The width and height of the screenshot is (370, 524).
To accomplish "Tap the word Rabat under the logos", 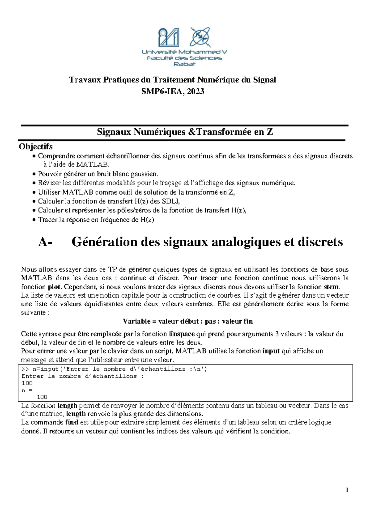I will click(x=184, y=64).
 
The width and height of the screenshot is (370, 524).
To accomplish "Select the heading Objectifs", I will click(x=36, y=146).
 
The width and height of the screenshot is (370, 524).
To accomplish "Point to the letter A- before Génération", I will click(x=45, y=242).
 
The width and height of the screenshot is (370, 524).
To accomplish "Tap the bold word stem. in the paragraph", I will click(x=331, y=286).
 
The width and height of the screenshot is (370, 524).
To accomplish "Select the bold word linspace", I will click(x=182, y=334).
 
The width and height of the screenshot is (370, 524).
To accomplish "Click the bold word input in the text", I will click(x=271, y=351).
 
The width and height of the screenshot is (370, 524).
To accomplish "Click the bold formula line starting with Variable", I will click(x=188, y=321).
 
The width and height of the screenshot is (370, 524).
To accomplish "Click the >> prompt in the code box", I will click(x=25, y=369).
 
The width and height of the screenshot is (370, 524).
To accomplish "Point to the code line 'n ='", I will click(x=27, y=390).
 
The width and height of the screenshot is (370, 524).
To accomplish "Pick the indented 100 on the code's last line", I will click(x=42, y=397).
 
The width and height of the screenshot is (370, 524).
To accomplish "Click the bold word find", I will click(x=72, y=422).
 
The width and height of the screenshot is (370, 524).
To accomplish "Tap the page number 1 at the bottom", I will click(x=347, y=490).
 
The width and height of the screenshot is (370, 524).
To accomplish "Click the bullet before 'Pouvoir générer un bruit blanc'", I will click(x=34, y=174).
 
